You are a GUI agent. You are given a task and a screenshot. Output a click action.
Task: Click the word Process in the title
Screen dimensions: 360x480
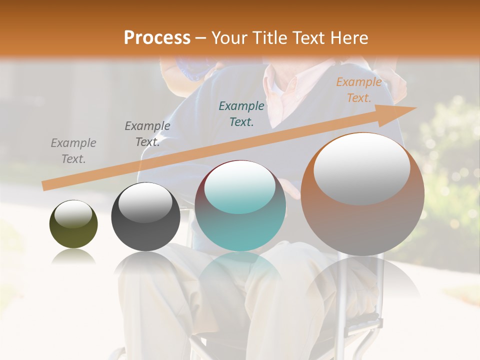157,37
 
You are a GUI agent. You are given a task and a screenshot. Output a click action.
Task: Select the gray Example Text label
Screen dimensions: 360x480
73,150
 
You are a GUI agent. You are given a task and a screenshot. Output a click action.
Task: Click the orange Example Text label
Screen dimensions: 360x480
358,90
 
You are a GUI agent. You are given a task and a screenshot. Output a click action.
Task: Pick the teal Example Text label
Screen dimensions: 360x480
241,113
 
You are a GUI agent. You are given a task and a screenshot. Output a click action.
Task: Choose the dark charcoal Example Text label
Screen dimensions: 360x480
147,134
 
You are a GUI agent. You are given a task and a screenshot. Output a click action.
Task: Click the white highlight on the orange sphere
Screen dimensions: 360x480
361,168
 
